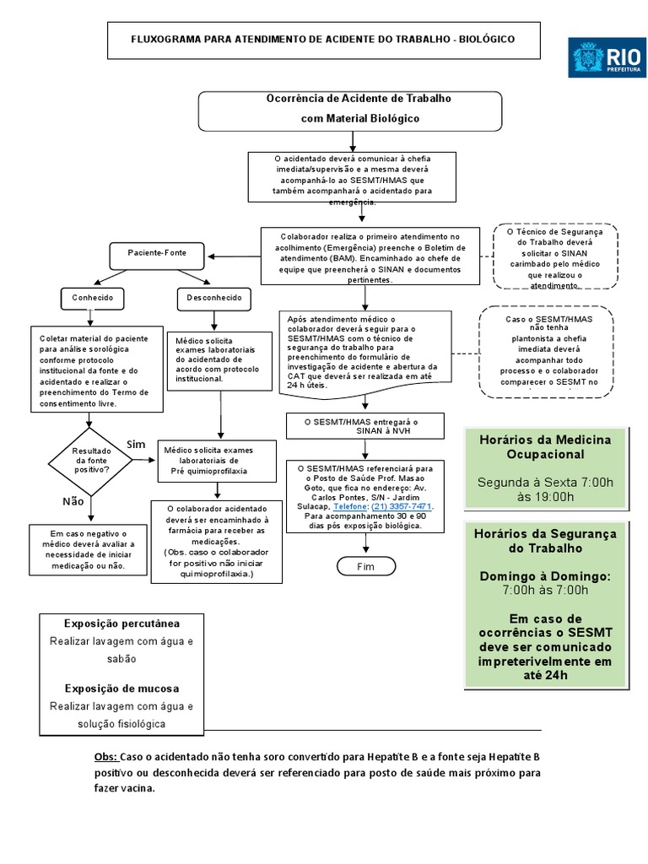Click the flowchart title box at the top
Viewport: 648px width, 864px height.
coord(323,40)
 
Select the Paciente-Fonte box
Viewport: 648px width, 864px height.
coord(157,253)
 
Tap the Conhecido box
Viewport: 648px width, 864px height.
coord(92,298)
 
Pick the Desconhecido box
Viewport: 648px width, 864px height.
coord(214,298)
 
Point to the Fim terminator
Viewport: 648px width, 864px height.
coord(365,566)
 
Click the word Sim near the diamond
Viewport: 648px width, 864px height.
coord(136,444)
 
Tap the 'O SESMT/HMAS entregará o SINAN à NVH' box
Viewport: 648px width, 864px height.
coord(365,426)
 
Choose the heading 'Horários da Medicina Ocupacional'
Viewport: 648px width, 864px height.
coord(544,447)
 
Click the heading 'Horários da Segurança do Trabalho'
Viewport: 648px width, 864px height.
coord(544,541)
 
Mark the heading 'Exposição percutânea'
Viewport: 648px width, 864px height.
coord(121,624)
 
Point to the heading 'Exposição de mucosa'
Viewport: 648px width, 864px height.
coord(121,688)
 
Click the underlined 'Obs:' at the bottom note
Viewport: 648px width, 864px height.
coord(106,757)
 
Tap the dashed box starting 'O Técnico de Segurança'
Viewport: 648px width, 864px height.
coord(556,257)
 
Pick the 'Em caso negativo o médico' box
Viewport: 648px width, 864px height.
coord(88,549)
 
